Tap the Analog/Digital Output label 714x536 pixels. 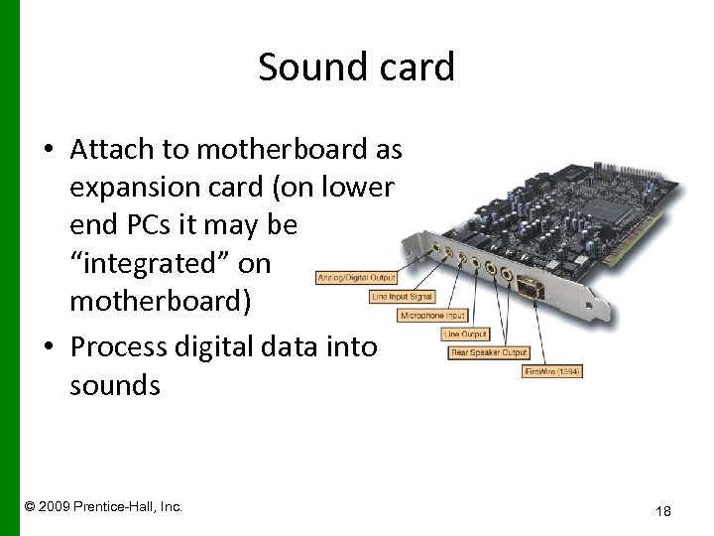pyautogui.click(x=356, y=278)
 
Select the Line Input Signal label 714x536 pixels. pyautogui.click(x=402, y=297)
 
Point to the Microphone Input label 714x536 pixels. pyautogui.click(x=433, y=316)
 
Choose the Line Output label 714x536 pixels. pyautogui.click(x=465, y=335)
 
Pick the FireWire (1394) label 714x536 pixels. pyautogui.click(x=552, y=371)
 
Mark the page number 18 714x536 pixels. pyautogui.click(x=663, y=511)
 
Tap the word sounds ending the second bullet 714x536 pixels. pyautogui.click(x=115, y=384)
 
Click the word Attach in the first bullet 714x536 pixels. pyautogui.click(x=111, y=150)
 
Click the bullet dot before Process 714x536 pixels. pyautogui.click(x=49, y=347)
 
